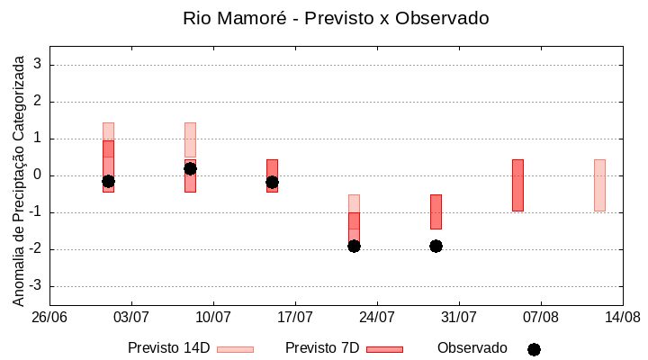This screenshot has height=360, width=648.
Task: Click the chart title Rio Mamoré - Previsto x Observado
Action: coord(335,18)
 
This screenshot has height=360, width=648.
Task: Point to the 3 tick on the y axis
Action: coord(39,65)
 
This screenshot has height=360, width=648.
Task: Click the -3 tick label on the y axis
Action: coord(36,286)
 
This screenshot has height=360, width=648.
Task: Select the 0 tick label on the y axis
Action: coord(39,175)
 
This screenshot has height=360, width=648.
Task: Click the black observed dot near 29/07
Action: coord(436,246)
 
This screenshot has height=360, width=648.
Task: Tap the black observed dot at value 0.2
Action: coord(190,168)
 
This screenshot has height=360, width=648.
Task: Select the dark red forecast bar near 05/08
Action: coord(517,185)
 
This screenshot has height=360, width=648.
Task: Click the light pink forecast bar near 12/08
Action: coord(599,185)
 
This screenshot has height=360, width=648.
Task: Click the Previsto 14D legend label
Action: coord(168,348)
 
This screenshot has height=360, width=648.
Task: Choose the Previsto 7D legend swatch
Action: coord(384,349)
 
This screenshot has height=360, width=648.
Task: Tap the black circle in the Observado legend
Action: coord(534,349)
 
